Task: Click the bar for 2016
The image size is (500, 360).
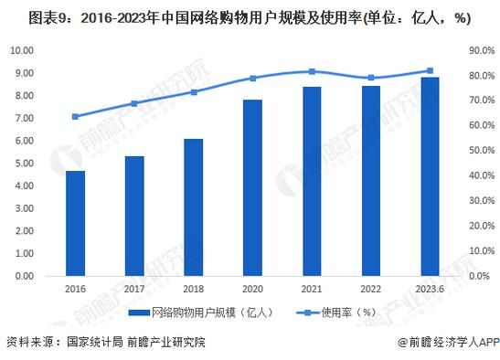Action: tap(76, 223)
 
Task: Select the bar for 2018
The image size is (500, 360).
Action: tap(194, 207)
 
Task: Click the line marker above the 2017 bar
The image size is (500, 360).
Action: tap(134, 103)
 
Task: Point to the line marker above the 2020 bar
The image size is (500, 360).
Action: tap(252, 79)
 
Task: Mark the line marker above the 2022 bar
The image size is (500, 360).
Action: tap(370, 78)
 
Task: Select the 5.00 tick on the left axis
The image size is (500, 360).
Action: tap(25, 164)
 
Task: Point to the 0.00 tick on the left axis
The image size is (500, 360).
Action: tap(25, 276)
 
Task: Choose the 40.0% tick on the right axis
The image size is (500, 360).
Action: tap(480, 176)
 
